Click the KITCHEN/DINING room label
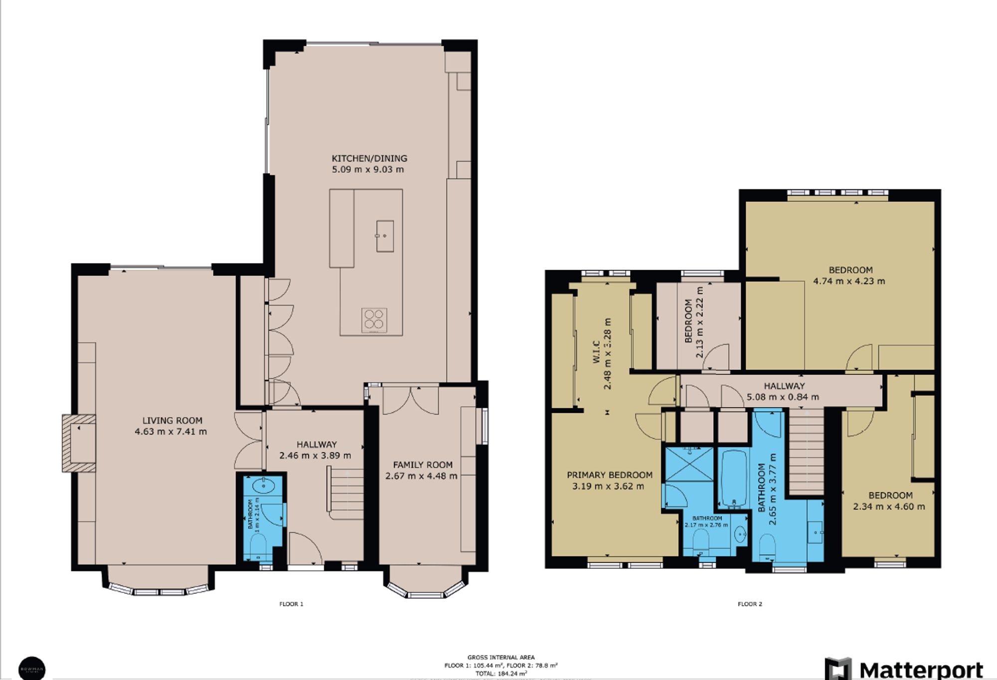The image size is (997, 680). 369,159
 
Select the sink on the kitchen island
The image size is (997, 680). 385,236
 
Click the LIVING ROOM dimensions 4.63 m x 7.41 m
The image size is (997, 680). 170,432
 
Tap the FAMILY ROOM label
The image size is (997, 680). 423,465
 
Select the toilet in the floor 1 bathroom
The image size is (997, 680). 259,546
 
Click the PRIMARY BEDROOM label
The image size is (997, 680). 609,475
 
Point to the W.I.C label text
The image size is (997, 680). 596,351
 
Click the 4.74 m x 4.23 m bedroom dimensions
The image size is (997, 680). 849,281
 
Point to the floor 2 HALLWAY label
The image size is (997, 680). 784,386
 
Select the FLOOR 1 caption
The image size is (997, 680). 291,604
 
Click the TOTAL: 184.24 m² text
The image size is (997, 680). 500,674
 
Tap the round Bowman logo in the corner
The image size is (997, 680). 31,668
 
